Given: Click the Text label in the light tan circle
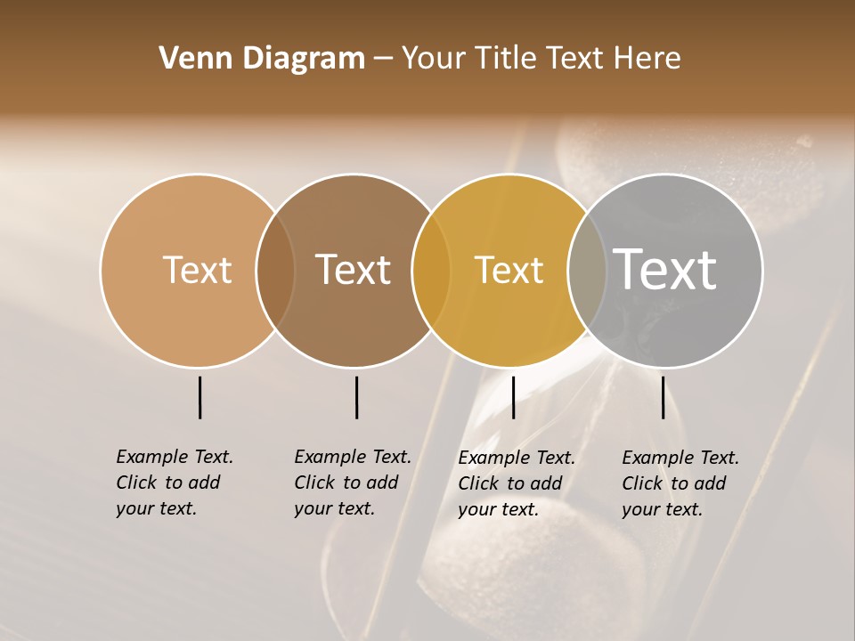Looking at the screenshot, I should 197,270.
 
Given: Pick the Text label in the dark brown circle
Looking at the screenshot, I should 354,270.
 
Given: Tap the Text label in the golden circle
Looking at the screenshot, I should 509,270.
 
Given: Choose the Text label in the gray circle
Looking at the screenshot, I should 665,270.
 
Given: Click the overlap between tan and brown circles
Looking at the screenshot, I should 275,270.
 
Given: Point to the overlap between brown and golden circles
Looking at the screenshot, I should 431,270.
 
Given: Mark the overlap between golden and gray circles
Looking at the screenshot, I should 587,270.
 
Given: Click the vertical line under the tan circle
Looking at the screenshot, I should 199,397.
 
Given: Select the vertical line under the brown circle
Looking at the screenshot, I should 356,397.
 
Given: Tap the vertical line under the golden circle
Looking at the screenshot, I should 513,397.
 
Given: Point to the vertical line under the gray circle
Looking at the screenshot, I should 663,397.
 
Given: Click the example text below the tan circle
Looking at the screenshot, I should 175,483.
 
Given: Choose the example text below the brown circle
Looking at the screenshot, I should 353,483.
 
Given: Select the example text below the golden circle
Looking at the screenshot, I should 517,483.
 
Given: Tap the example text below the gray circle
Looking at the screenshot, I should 680,483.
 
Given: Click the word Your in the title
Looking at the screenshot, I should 434,59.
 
